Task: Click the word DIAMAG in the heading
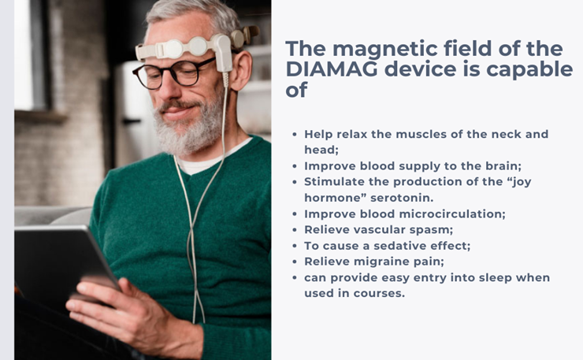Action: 332,69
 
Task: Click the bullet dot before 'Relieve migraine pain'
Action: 295,262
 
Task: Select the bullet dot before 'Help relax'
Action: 295,134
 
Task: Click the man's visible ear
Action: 242,71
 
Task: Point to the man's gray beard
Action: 190,127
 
